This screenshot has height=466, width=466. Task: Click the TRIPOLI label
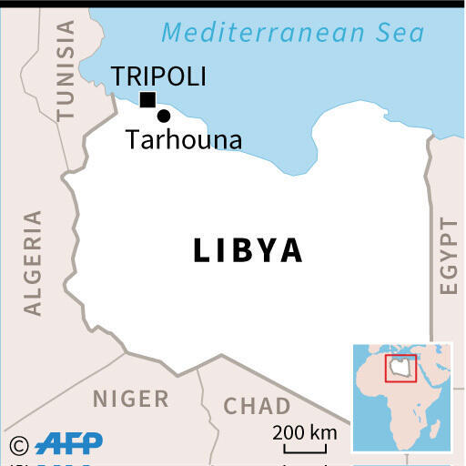click(158, 76)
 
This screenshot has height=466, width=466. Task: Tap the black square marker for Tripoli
click(147, 100)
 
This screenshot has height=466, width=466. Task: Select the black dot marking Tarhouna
click(164, 116)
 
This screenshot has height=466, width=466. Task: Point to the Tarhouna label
click(184, 140)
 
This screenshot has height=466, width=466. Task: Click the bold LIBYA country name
click(248, 250)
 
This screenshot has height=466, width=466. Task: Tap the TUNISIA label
click(66, 70)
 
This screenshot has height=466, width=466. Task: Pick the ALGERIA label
click(34, 263)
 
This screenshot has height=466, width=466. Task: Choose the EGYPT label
click(448, 256)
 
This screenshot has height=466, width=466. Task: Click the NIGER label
click(130, 399)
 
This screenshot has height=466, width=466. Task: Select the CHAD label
click(258, 406)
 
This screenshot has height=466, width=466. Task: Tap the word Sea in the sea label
click(399, 34)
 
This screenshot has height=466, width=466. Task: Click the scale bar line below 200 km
click(304, 449)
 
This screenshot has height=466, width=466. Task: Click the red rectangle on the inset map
click(400, 368)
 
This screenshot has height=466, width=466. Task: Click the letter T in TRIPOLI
click(118, 76)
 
